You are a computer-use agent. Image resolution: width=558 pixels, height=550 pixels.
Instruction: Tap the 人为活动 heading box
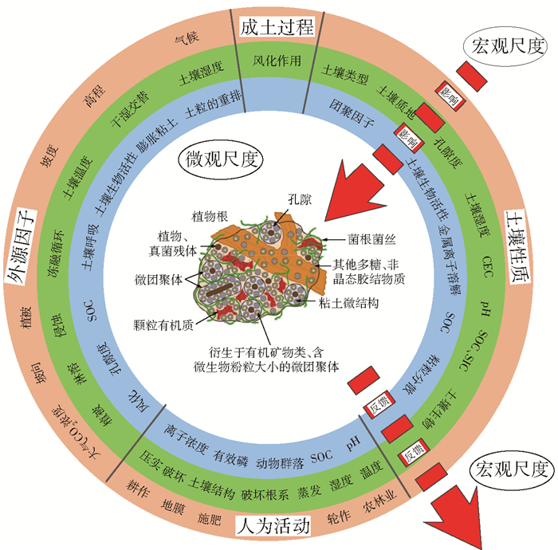pos(273,526)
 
